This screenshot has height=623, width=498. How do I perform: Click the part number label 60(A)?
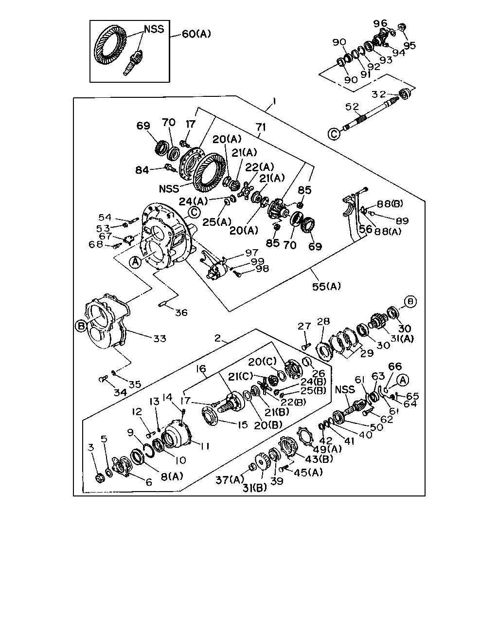pos(196,34)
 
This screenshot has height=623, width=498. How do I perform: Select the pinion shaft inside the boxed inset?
pos(132,62)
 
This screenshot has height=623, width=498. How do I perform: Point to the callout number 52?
pos(352,107)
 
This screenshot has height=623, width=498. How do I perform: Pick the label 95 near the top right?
pos(409,45)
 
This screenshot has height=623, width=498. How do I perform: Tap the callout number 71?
pos(261,127)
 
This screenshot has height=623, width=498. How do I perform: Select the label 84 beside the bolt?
pos(142,170)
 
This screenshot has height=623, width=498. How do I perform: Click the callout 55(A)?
pos(326,286)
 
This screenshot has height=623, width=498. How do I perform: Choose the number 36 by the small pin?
pos(181,312)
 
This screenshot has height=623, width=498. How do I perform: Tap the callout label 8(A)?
pos(172,476)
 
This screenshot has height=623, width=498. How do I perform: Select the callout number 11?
pos(205,446)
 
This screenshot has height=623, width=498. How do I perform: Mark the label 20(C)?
pos(262,362)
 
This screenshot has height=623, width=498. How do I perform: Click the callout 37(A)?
pos(230,480)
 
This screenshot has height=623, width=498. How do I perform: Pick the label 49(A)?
pos(328,449)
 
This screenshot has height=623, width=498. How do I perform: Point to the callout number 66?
pos(395,366)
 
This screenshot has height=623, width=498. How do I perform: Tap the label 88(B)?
pos(390,203)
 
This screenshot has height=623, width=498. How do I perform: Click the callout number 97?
pos(251,253)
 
